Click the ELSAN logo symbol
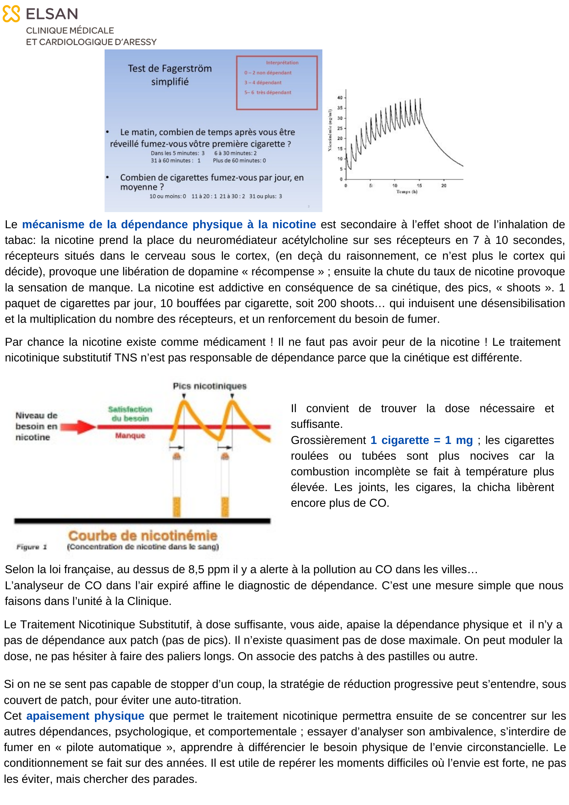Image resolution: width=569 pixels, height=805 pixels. click(11, 14)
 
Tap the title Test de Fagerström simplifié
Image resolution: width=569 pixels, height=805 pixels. click(170, 75)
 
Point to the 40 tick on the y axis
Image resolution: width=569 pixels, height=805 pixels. click(340, 98)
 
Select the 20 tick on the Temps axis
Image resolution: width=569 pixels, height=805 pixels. click(444, 186)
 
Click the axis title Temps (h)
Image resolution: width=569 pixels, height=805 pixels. click(406, 192)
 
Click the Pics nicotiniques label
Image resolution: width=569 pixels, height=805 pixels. click(210, 386)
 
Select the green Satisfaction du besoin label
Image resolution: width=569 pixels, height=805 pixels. click(130, 414)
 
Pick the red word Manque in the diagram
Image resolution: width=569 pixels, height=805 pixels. click(130, 436)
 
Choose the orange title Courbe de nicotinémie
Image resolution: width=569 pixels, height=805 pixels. click(142, 536)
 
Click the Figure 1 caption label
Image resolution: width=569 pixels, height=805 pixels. click(31, 547)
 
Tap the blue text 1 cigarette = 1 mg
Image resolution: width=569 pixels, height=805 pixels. click(421, 440)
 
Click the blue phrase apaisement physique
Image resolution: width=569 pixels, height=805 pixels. click(85, 716)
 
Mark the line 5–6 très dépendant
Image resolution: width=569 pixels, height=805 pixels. click(268, 93)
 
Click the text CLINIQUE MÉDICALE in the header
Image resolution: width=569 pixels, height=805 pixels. click(70, 31)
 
